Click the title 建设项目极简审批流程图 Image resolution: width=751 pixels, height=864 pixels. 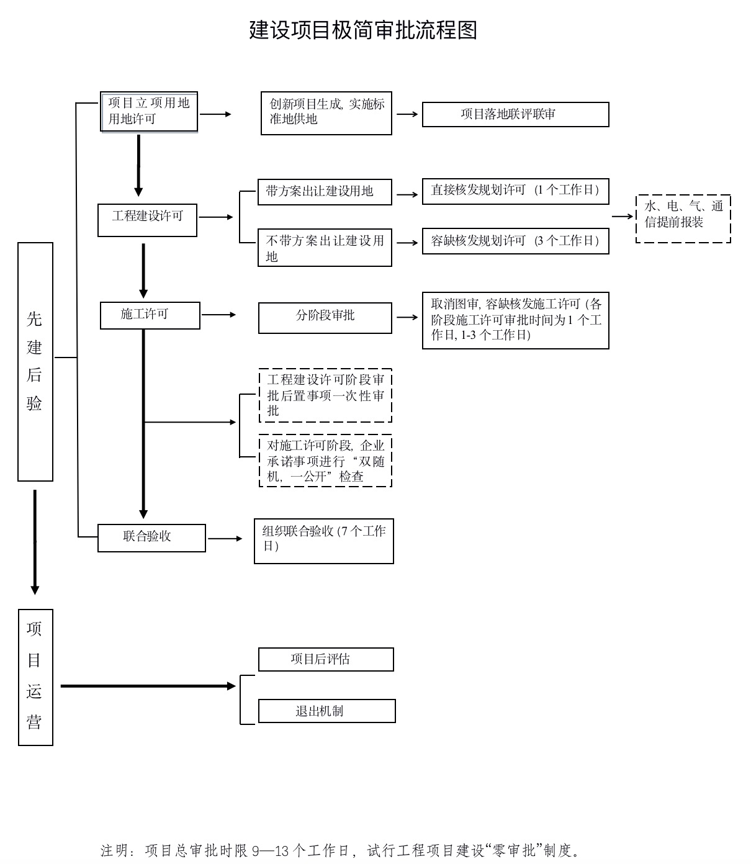363,30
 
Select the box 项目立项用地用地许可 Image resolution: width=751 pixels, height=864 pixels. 149,112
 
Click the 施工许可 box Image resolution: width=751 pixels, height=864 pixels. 150,315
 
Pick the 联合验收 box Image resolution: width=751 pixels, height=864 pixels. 151,538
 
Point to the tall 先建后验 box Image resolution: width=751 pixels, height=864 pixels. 35,361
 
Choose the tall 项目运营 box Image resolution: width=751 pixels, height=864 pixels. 35,677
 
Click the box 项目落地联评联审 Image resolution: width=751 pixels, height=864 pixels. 515,115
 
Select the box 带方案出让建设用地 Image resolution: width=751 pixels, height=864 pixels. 325,192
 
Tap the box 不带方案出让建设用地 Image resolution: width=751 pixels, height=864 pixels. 325,248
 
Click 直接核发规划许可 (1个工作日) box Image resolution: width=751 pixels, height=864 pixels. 515,191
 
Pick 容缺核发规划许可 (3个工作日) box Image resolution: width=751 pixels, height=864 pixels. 515,241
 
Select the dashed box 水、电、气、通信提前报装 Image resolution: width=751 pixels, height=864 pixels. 683,218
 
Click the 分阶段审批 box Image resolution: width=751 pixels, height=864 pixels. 325,318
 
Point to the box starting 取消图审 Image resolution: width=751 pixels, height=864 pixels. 515,320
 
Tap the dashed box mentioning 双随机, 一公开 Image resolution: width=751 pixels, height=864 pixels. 325,461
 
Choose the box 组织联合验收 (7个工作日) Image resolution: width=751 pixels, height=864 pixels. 323,541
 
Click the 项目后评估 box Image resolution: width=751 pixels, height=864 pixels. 326,659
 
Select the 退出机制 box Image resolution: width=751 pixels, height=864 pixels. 326,711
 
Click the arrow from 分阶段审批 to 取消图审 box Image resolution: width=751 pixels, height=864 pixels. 407,317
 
